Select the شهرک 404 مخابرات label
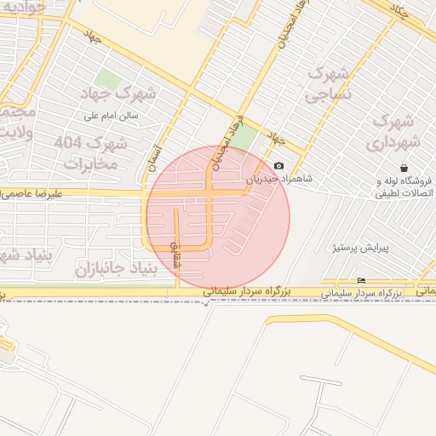coord(89,152)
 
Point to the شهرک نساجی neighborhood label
coord(323,83)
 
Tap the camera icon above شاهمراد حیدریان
coord(279,166)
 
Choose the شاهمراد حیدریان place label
coord(280,180)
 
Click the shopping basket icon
coord(403,168)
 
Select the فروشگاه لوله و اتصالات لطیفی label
coord(404,187)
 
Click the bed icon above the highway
coord(362,281)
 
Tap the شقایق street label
coord(177,255)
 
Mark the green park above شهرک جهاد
coord(106,81)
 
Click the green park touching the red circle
coord(244,139)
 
